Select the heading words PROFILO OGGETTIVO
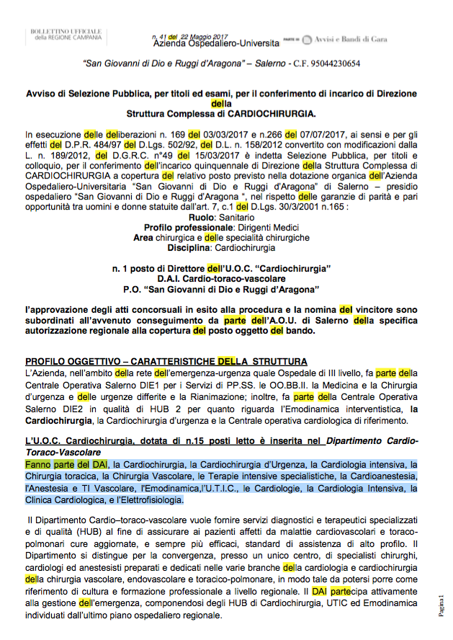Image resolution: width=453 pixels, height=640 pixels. click(71, 361)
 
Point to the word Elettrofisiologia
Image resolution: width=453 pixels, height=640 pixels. click(154, 499)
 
